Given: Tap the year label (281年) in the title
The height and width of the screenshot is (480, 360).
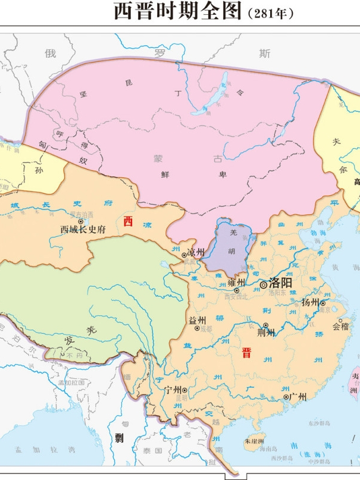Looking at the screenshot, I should pyautogui.click(x=270, y=12).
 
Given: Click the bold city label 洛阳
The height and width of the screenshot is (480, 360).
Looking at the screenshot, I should pyautogui.click(x=280, y=284).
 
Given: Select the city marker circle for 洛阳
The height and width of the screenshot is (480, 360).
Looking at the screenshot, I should pyautogui.click(x=264, y=286).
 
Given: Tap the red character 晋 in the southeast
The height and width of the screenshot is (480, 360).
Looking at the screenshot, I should pyautogui.click(x=246, y=352).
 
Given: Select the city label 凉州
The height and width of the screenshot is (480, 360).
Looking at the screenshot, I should pyautogui.click(x=196, y=252).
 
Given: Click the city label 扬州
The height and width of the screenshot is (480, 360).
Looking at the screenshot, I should pyautogui.click(x=310, y=302).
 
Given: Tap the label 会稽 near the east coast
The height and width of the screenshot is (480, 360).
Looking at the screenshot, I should pyautogui.click(x=340, y=327).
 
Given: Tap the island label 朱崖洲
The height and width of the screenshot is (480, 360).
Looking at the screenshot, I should pyautogui.click(x=254, y=443).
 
